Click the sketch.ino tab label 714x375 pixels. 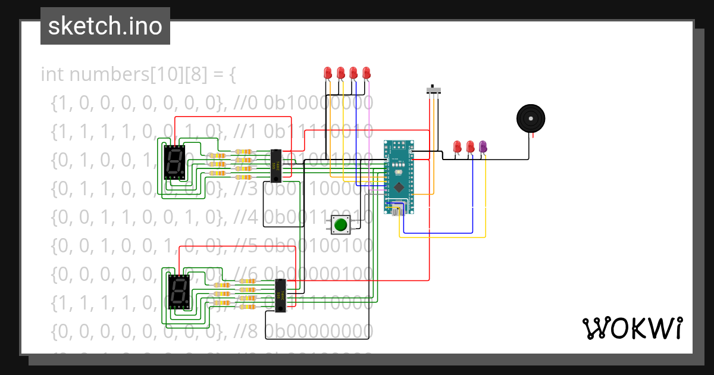tap(105, 26)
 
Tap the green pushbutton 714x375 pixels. tap(341, 225)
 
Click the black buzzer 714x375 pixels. tap(530, 118)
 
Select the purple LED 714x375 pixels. tap(483, 146)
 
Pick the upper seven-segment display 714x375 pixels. tap(174, 162)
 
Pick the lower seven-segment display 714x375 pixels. tap(179, 291)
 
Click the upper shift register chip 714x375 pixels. tap(276, 165)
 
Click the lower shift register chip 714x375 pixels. tap(280, 296)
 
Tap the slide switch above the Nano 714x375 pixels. tap(435, 90)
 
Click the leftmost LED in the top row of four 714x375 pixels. tap(327, 73)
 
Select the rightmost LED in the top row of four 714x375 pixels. tap(367, 73)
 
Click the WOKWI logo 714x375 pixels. tap(632, 328)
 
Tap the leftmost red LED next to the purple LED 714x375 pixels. tap(457, 146)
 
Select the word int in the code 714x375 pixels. tap(52, 75)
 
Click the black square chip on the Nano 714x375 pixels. tap(399, 186)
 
